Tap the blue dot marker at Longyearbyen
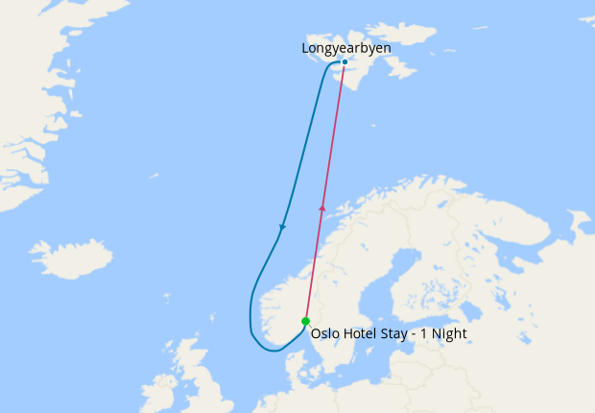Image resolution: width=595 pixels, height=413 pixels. pyautogui.click(x=345, y=62)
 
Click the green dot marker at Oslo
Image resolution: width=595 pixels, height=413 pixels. pyautogui.click(x=305, y=321)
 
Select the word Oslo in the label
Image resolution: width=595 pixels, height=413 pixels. pyautogui.click(x=326, y=334)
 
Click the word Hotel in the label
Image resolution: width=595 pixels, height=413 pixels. pyautogui.click(x=363, y=334)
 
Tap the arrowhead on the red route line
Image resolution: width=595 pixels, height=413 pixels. pyautogui.click(x=322, y=206)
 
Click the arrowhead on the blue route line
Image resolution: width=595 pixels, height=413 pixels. pyautogui.click(x=282, y=228)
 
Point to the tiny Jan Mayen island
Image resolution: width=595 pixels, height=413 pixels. pyautogui.click(x=155, y=175)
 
